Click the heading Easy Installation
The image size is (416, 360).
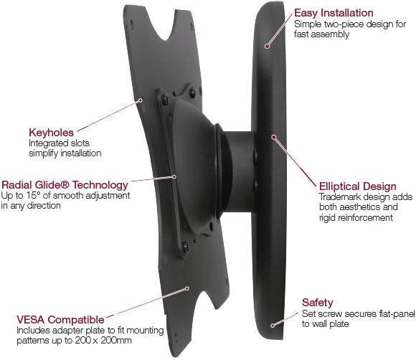click(x=334, y=13)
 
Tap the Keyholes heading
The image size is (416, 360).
click(x=51, y=133)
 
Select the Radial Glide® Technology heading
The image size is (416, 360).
click(x=65, y=185)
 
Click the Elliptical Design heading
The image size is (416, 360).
click(x=358, y=186)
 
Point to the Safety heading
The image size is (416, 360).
click(x=317, y=303)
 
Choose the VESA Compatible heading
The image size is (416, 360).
click(x=60, y=320)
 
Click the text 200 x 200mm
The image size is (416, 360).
click(x=103, y=340)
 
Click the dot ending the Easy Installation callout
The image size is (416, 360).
click(x=268, y=47)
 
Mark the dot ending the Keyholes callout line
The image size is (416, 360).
click(x=141, y=100)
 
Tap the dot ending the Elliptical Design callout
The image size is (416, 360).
click(x=273, y=137)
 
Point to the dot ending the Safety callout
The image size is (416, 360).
click(x=273, y=326)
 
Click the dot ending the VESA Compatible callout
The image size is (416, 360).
click(x=187, y=288)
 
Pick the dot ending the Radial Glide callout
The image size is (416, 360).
click(x=174, y=176)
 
